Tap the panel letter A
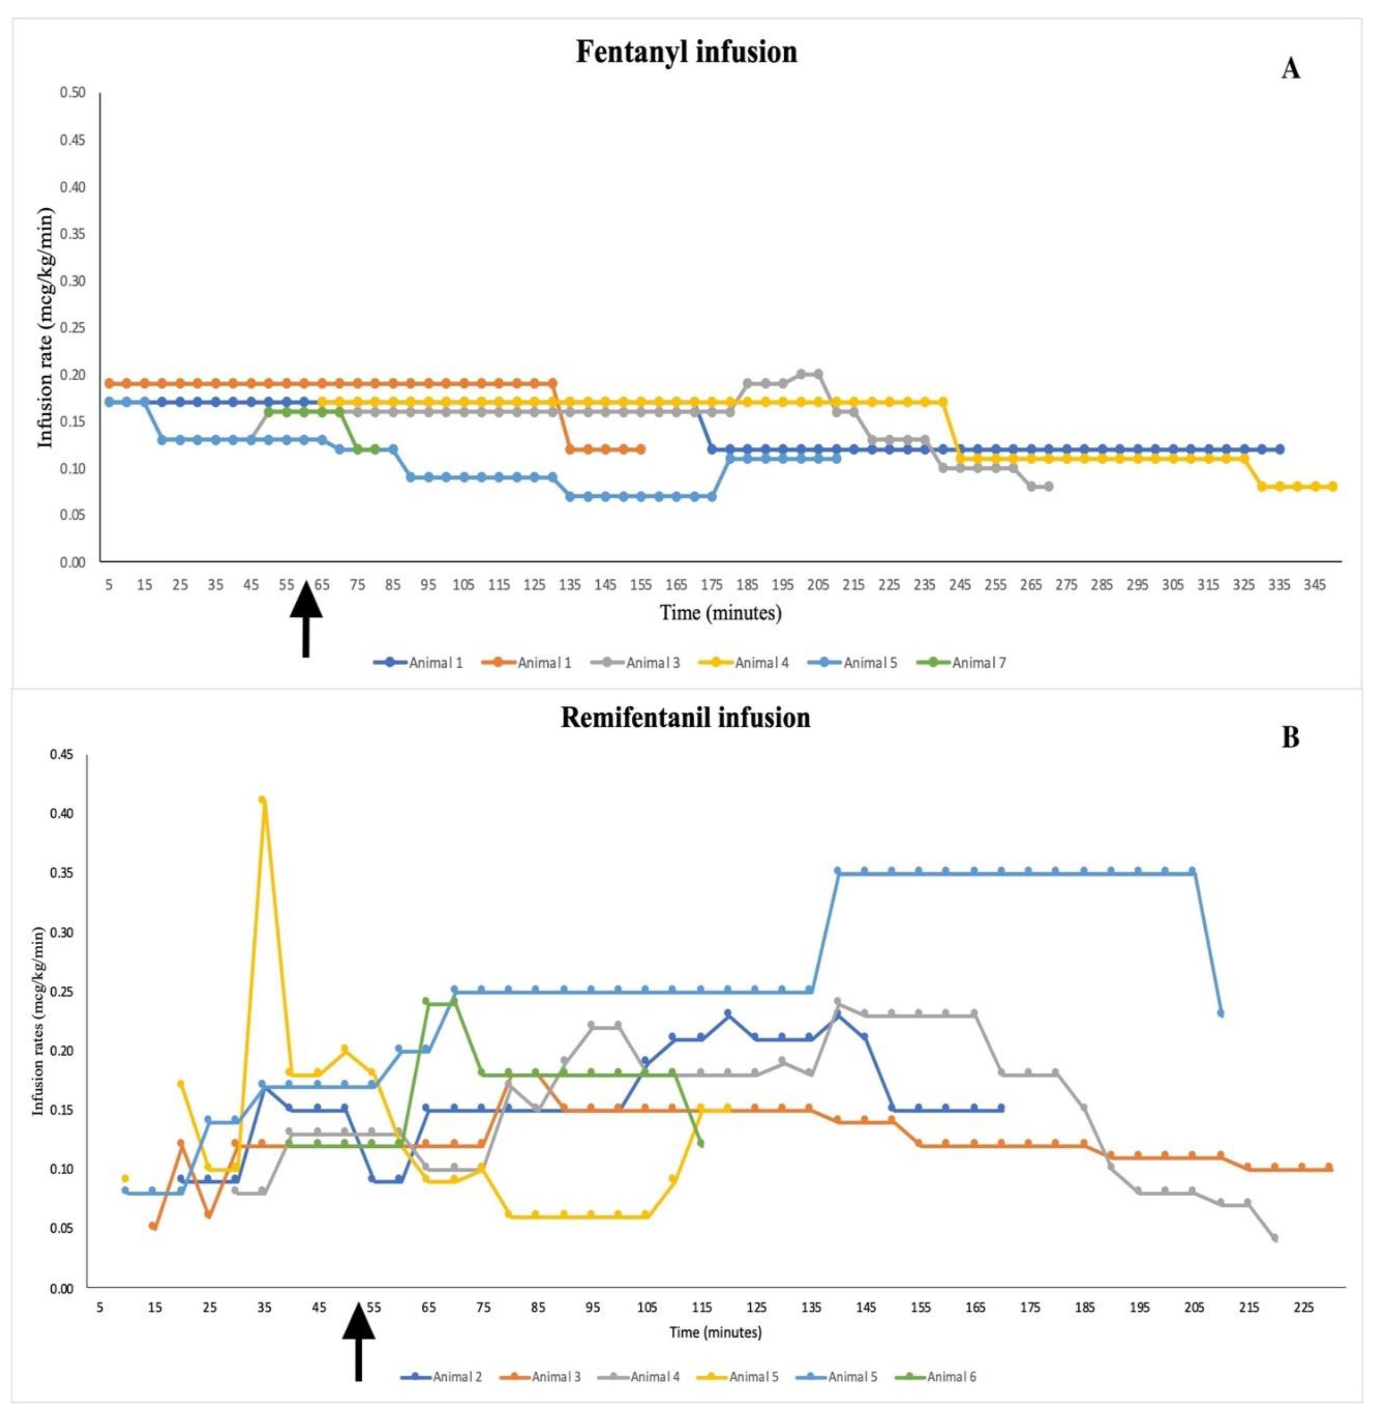[1290, 69]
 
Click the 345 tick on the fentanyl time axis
[1314, 584]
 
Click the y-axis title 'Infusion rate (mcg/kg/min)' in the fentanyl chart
[46, 327]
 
